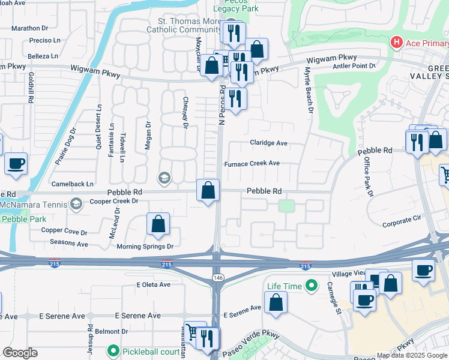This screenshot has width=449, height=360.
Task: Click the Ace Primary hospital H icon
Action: point(396,43)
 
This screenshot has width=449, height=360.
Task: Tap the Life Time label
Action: point(285,286)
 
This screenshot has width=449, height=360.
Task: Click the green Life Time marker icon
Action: point(311,286)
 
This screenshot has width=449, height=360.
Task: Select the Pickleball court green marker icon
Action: point(112,350)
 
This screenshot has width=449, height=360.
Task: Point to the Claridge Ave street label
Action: point(269,143)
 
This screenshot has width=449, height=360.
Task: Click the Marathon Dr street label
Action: point(29,28)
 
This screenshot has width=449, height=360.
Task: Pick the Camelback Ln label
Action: point(73,184)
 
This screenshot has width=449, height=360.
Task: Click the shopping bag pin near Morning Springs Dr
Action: point(158,224)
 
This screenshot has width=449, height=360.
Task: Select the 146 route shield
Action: point(216,277)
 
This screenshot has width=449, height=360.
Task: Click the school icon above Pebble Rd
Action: point(163,178)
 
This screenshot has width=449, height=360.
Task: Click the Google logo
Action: point(20,353)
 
